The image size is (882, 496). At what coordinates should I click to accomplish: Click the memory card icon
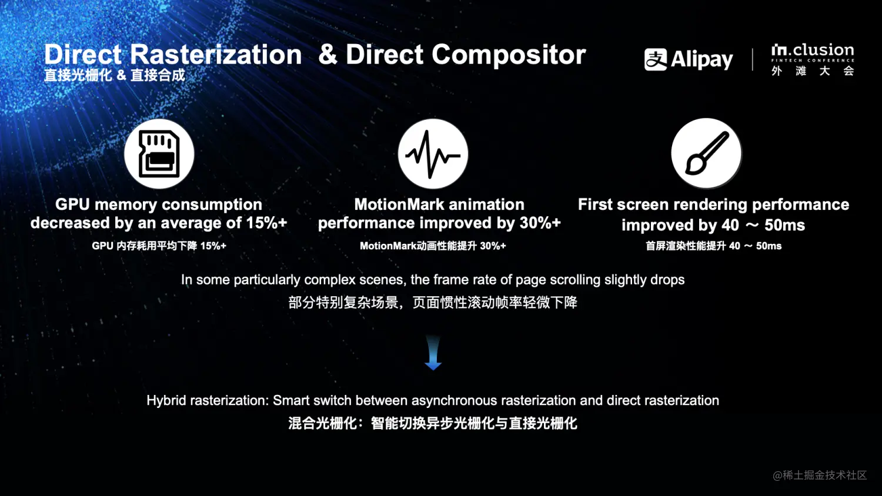point(159,154)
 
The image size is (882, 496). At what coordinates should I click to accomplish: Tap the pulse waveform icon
point(433,154)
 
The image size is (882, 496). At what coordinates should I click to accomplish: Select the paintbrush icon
point(707,153)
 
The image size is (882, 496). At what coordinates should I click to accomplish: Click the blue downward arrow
point(433,353)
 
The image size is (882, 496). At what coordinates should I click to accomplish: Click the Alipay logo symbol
point(656,59)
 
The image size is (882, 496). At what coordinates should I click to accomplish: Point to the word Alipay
point(701,60)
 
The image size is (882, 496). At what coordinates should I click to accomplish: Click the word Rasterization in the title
point(216,54)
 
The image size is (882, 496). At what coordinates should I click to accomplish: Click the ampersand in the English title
point(328,54)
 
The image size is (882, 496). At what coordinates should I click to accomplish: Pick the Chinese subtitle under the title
point(114,75)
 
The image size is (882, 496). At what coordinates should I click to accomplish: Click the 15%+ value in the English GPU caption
point(266,223)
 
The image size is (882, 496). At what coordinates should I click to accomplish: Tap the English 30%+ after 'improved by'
point(540,223)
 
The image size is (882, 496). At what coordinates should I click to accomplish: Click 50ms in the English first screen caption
point(785,224)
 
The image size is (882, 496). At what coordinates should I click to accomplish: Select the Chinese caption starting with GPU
point(159,246)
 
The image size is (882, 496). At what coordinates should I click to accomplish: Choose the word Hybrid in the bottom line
point(166,400)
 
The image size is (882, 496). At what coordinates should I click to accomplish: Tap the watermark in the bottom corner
point(820,475)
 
